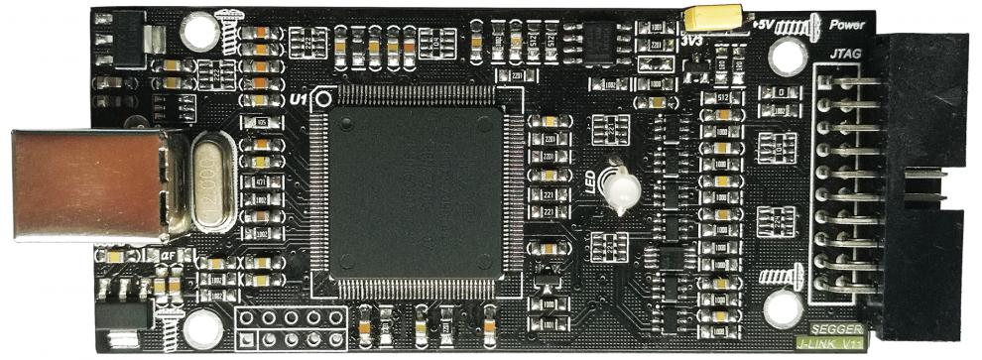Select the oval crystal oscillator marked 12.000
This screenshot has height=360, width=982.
211,182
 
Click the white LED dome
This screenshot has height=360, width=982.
622,189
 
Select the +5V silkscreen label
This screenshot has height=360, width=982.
764,24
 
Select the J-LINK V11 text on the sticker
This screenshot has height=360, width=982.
831,343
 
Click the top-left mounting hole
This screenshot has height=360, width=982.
200,31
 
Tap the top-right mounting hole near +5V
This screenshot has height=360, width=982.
787,56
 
